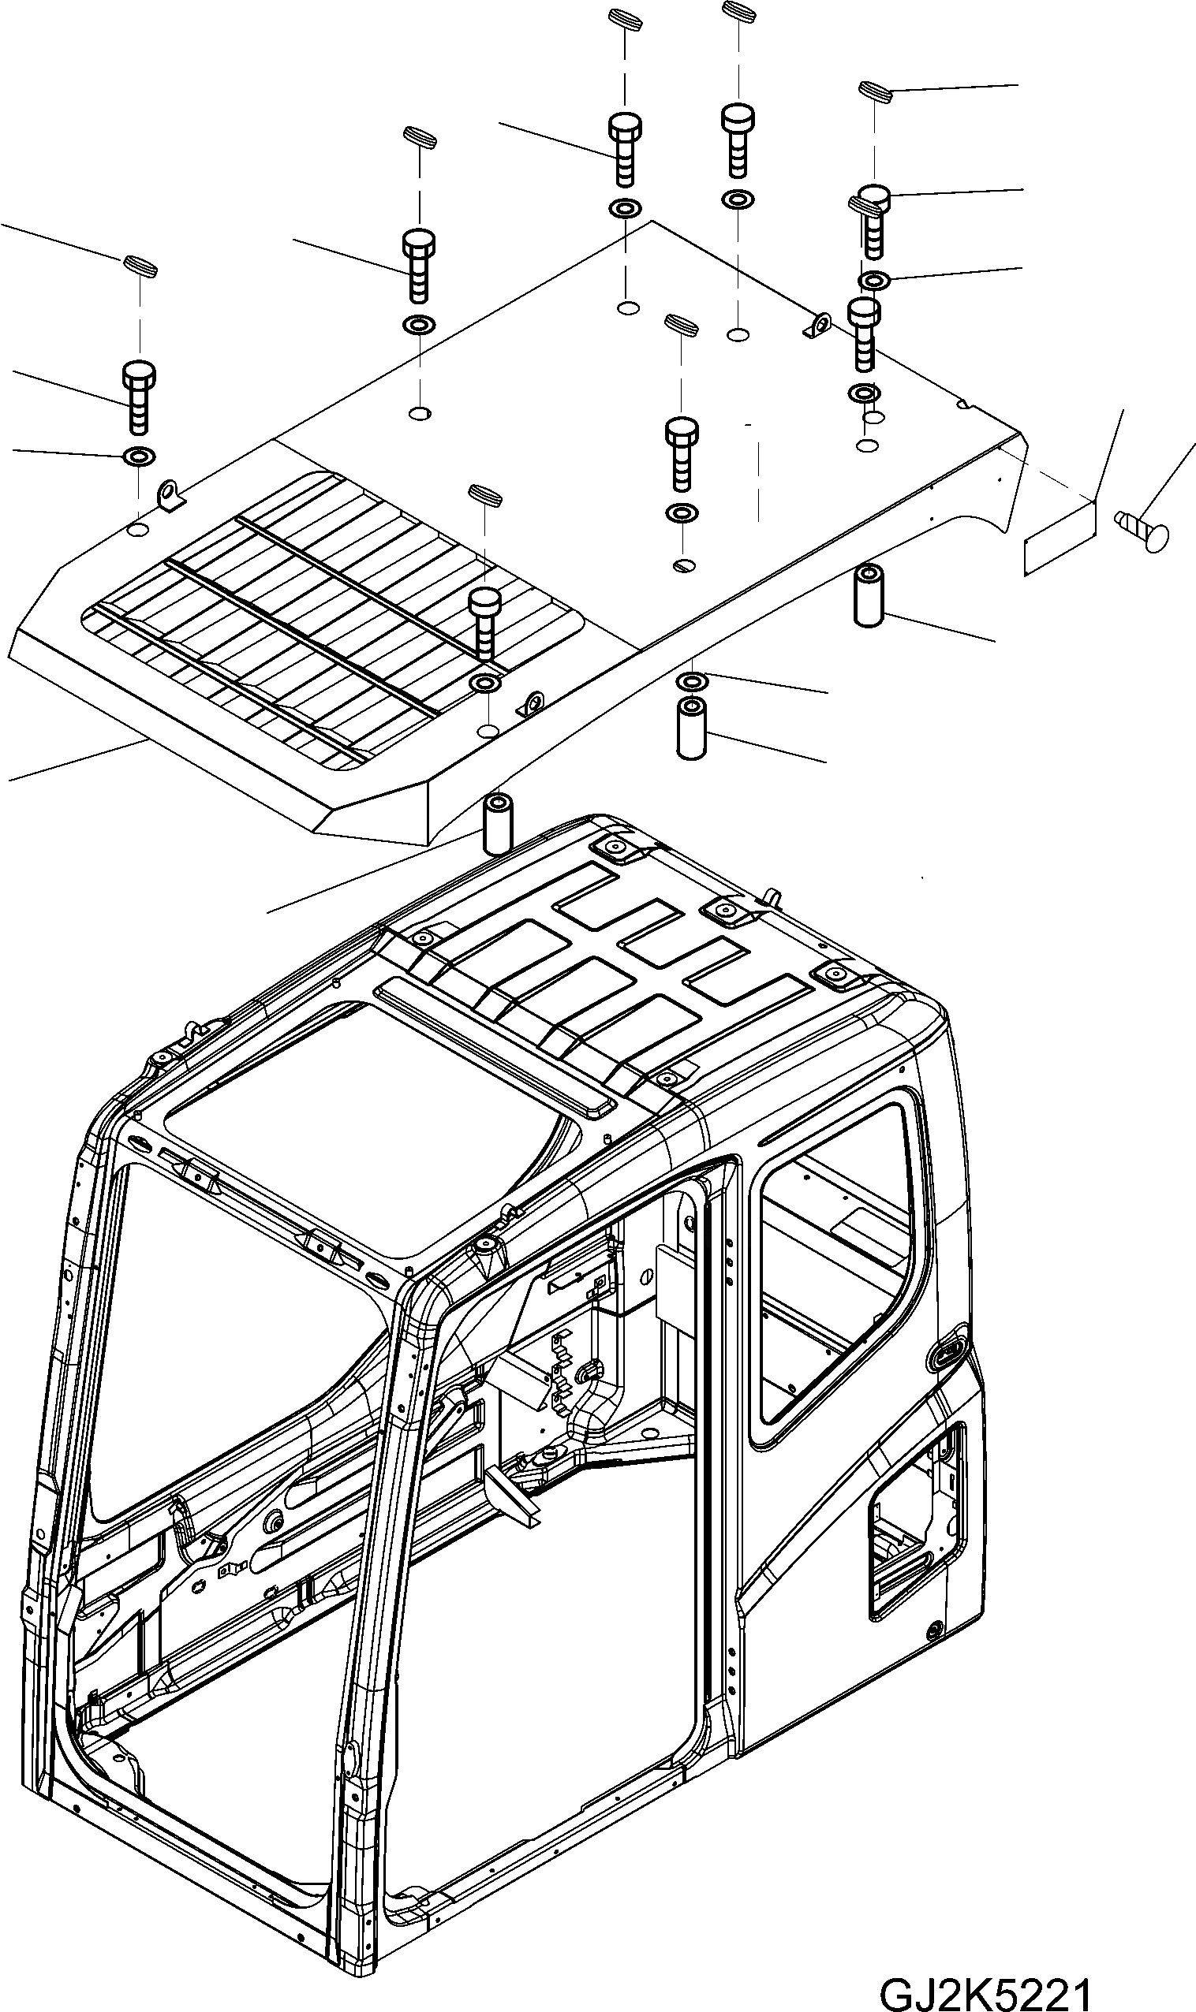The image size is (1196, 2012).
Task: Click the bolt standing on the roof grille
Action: (x=485, y=622)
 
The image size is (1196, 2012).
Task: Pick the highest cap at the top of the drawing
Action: (x=738, y=12)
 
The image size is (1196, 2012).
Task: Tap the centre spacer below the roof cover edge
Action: (x=692, y=728)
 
